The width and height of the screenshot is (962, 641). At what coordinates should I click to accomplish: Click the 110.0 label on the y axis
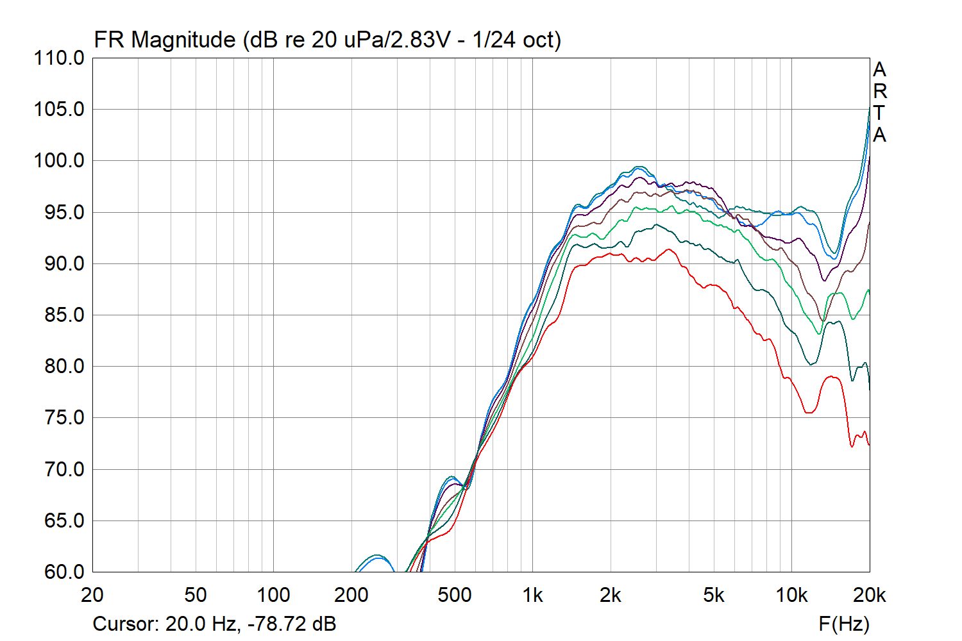59,58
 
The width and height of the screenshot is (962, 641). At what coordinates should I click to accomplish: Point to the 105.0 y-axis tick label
59,110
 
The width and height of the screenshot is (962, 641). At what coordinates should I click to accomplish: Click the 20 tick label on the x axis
92,595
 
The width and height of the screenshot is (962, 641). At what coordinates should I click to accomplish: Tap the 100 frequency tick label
273,595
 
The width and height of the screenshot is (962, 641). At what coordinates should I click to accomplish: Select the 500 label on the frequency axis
454,595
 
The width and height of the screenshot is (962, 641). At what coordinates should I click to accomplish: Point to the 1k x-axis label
532,595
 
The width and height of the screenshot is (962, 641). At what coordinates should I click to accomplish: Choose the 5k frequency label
713,595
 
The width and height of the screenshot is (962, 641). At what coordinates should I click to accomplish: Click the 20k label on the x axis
869,595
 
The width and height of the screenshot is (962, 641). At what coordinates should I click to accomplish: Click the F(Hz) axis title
844,624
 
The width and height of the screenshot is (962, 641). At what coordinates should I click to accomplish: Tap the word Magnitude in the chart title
183,40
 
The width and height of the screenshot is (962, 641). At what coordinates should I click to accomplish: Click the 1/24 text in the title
494,40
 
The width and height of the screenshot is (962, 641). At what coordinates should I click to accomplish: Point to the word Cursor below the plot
125,624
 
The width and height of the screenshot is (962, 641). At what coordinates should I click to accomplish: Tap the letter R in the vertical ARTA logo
880,92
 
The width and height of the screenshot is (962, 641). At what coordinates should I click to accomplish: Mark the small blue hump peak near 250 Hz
376,556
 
